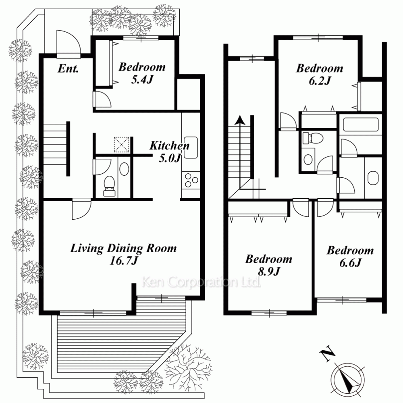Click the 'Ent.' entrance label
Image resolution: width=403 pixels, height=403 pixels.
[68, 69]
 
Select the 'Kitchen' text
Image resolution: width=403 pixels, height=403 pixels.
[169, 145]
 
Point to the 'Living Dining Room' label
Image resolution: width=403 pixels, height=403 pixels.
[123, 248]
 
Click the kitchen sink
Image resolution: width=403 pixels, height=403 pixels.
[191, 147]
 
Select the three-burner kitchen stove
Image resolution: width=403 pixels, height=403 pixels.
[191, 181]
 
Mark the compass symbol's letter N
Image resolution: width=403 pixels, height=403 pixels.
[327, 355]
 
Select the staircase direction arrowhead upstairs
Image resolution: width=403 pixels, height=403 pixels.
[240, 120]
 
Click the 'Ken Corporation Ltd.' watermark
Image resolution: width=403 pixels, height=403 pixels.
[201, 282]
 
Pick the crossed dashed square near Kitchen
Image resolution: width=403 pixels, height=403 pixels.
[122, 144]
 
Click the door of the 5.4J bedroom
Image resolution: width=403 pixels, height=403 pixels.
[102, 99]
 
